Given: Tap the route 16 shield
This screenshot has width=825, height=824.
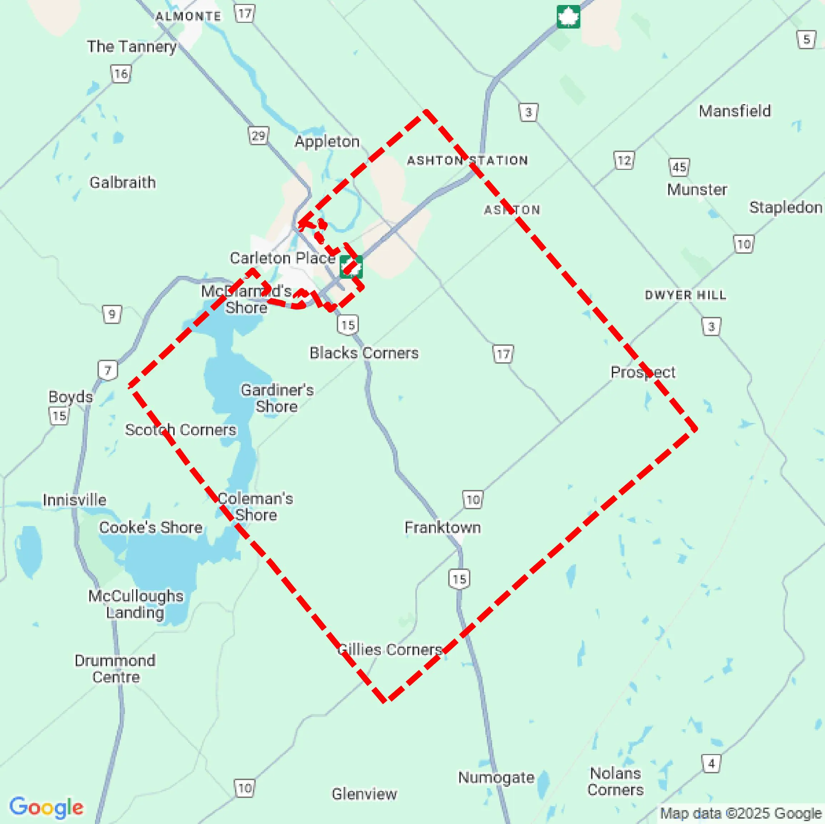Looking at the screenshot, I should click(x=121, y=74).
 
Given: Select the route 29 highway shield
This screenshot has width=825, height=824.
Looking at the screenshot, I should click(x=258, y=136).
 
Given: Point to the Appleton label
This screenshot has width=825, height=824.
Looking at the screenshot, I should click(x=327, y=141).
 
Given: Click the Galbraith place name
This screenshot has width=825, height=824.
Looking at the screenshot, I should click(x=122, y=182).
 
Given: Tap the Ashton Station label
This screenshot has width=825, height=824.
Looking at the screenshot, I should click(x=467, y=161).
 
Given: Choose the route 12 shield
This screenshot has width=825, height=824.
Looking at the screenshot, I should click(x=624, y=161).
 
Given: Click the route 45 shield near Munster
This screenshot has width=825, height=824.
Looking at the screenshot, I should click(x=679, y=167).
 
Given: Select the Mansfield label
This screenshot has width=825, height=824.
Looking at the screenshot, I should click(x=735, y=111).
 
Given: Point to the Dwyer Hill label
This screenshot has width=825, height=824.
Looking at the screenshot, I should click(x=685, y=295).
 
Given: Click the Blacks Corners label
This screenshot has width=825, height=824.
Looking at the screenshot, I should click(x=364, y=353).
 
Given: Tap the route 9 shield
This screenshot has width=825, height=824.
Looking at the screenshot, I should click(x=112, y=314).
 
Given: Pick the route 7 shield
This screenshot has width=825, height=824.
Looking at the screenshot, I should click(x=107, y=370).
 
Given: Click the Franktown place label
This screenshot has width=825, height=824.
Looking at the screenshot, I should click(x=442, y=527).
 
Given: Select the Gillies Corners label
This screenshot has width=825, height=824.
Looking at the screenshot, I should click(x=389, y=649).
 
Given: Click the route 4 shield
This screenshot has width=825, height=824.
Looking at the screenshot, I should click(x=711, y=763).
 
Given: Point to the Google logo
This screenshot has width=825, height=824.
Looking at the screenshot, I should click(x=46, y=807).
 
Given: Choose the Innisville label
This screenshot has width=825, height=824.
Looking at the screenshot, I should click(x=74, y=500).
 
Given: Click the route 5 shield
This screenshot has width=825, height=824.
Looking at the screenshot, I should click(x=806, y=40).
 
